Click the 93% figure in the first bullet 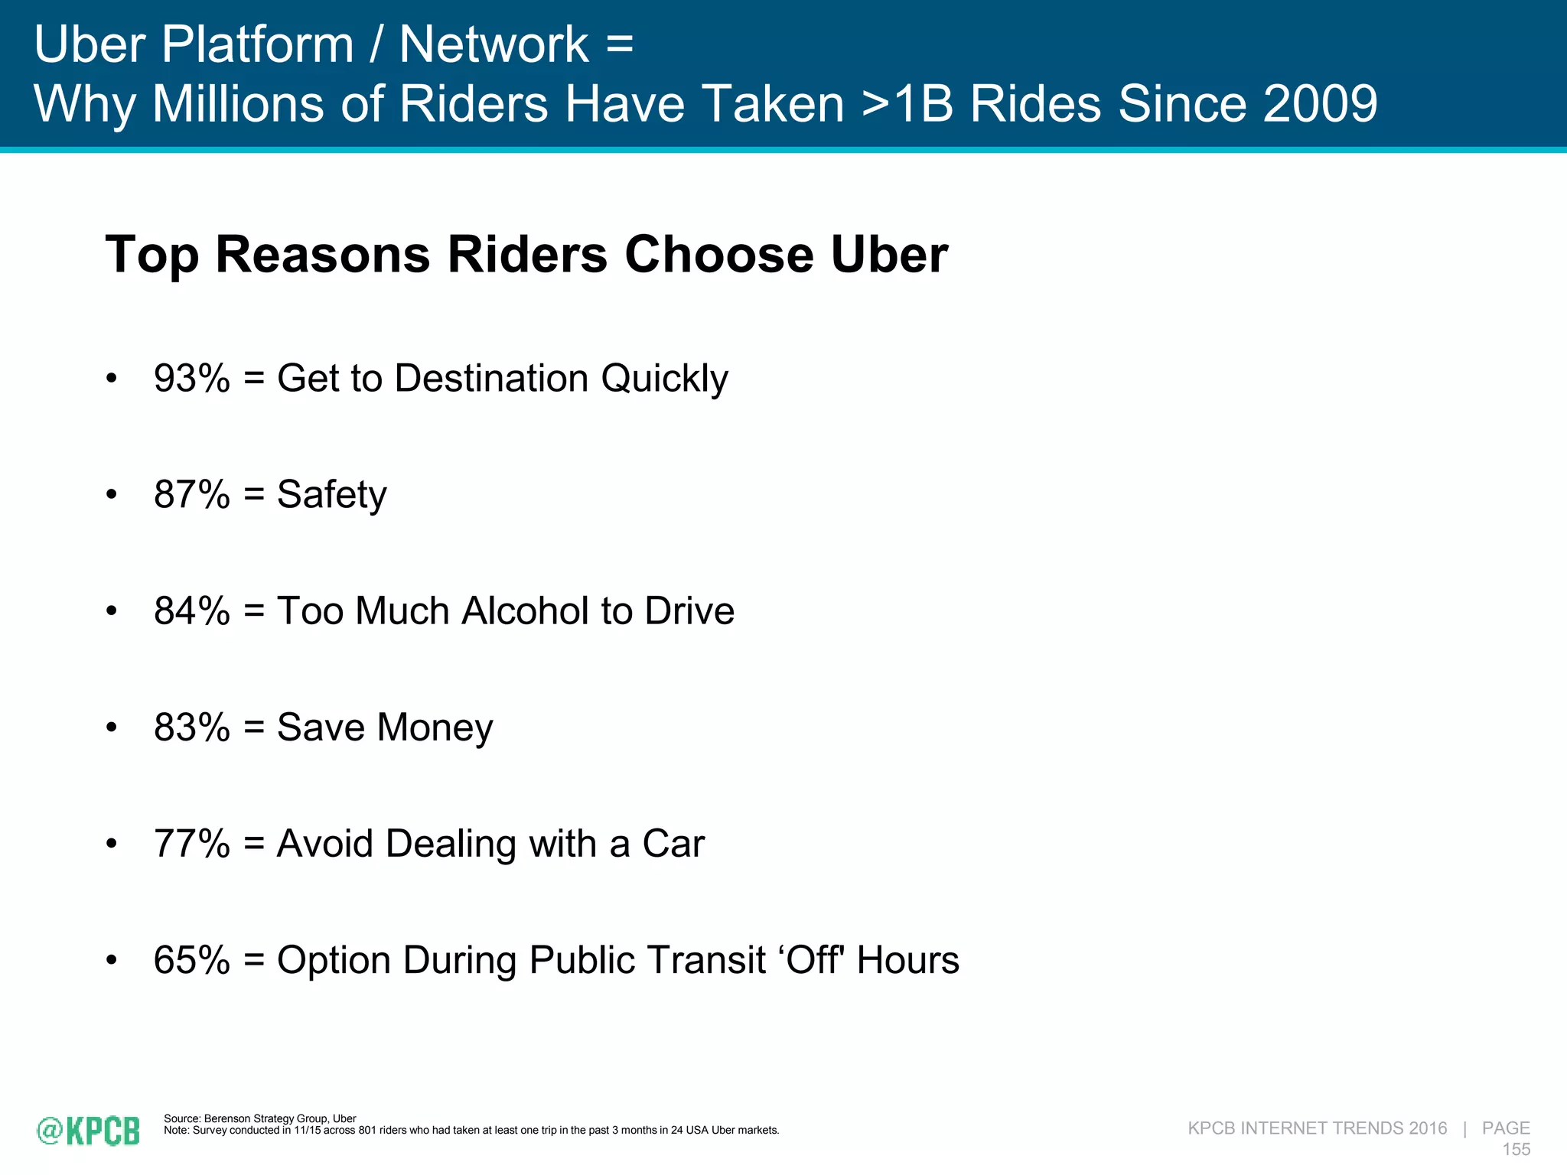click(191, 379)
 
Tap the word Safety click(331, 495)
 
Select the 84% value click(191, 611)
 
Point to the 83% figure click(191, 727)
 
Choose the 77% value click(191, 844)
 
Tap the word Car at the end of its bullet click(673, 844)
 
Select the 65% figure click(191, 960)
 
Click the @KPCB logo click(89, 1131)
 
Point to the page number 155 click(1516, 1149)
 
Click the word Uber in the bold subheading click(889, 255)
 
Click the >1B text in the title click(907, 103)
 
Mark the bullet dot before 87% click(112, 495)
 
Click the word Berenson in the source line click(227, 1118)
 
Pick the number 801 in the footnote click(367, 1131)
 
